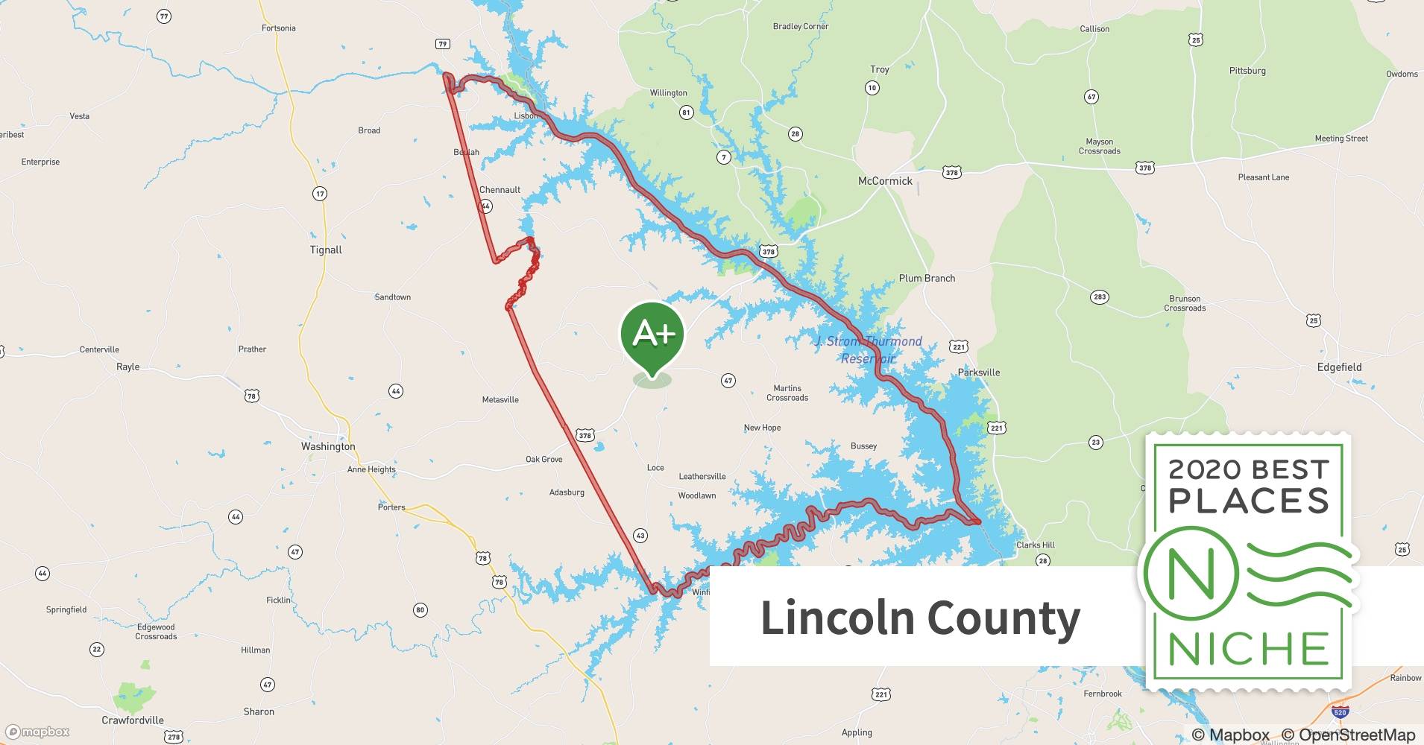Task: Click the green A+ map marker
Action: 652,336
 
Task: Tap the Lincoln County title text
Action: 920,618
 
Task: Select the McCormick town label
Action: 885,181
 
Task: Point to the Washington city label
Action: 328,446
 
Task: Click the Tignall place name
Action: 326,250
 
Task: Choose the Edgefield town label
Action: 1339,367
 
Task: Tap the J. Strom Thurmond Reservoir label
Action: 869,350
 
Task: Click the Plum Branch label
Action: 927,279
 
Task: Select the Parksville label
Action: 979,372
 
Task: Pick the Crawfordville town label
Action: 133,720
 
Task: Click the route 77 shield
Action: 164,16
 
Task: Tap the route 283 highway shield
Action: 1099,297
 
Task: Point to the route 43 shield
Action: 640,536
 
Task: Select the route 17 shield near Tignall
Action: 319,194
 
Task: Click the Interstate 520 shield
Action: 1340,712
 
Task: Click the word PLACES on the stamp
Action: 1249,501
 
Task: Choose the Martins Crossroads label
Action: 787,393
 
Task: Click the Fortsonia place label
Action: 279,28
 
